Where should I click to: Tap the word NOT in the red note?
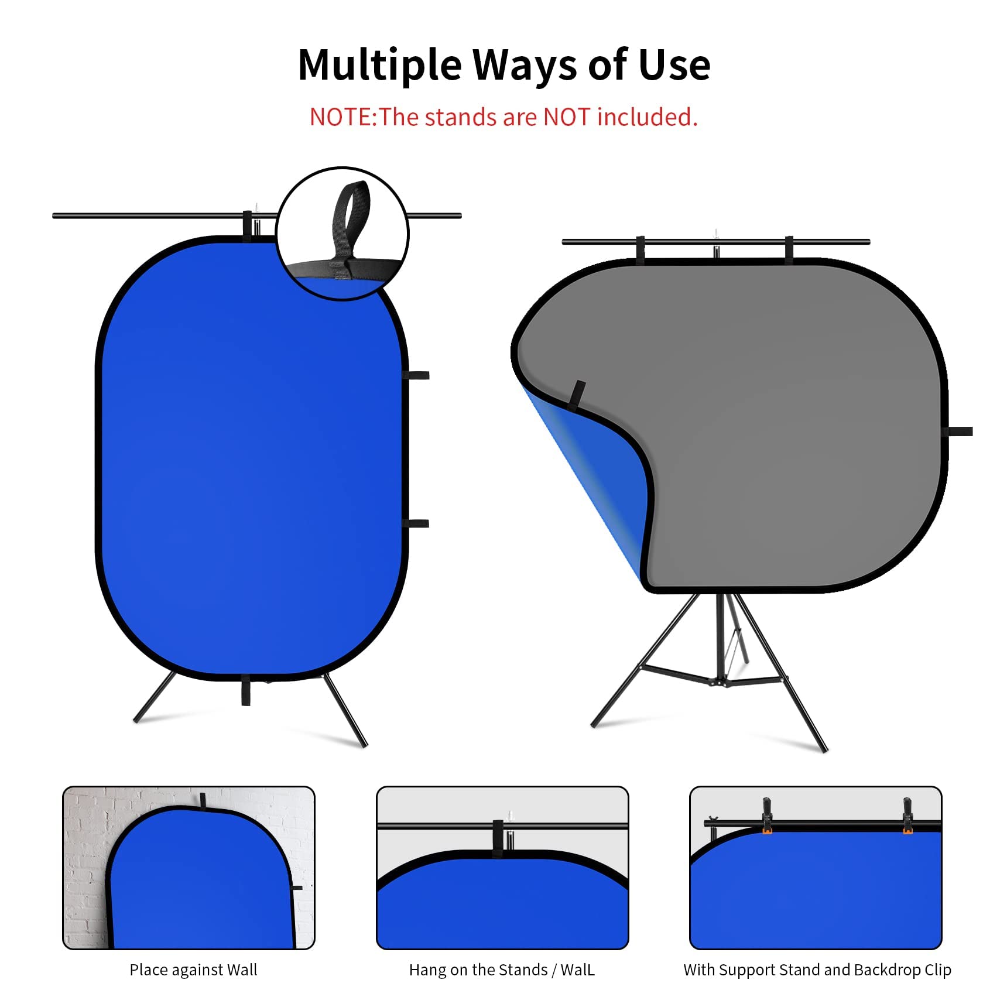coord(567,117)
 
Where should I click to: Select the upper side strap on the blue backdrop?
coord(417,375)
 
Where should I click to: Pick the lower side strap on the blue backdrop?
coord(417,523)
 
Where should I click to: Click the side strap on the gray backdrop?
coord(959,431)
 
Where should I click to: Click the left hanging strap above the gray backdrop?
coord(640,249)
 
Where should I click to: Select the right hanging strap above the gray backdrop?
coord(789,249)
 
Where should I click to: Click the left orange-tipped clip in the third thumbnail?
coord(766,814)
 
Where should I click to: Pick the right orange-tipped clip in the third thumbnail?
coord(907,814)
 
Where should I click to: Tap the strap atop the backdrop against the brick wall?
coord(203,800)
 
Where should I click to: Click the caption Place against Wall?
coord(193,970)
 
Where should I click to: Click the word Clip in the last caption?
coord(937,970)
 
